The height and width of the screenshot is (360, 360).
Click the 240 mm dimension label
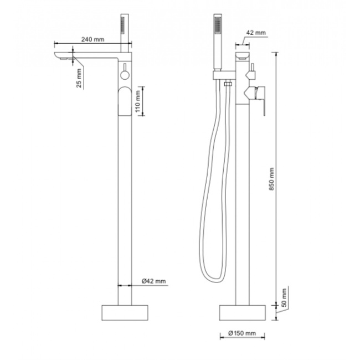pyautogui.click(x=92, y=39)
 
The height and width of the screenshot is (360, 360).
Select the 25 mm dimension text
pyautogui.click(x=79, y=78)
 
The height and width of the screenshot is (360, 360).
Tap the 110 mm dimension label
pyautogui.click(x=137, y=101)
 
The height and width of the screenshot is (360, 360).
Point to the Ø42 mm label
pyautogui.click(x=153, y=281)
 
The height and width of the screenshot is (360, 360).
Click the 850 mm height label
pyautogui.click(x=271, y=179)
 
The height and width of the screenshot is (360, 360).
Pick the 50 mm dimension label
pyautogui.click(x=284, y=298)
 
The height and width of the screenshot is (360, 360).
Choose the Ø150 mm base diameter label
pyautogui.click(x=242, y=333)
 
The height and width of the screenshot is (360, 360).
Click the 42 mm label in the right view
pyautogui.click(x=256, y=33)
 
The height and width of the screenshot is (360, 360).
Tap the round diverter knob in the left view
pyautogui.click(x=125, y=75)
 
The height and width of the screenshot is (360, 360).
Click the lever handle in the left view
pyautogui.click(x=125, y=101)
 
